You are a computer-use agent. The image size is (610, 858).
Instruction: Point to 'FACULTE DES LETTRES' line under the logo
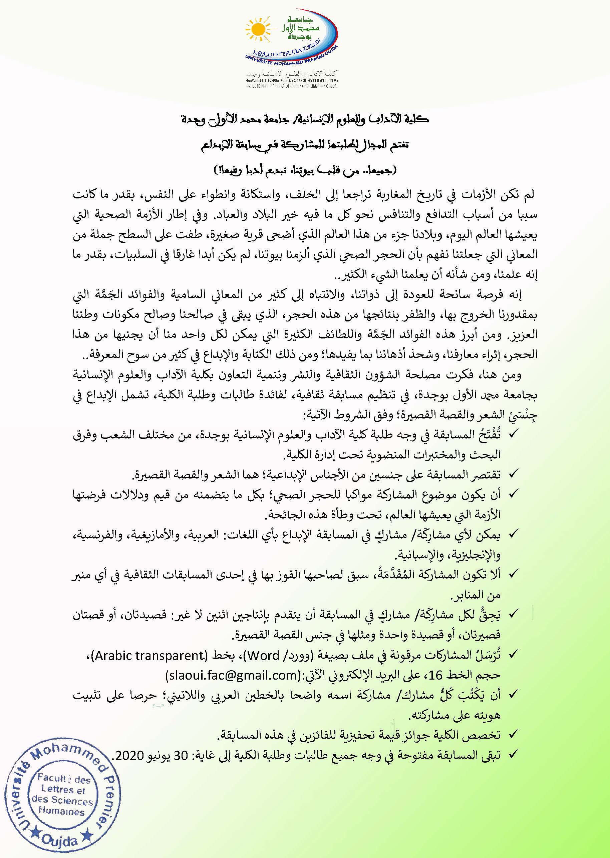tap(289, 86)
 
